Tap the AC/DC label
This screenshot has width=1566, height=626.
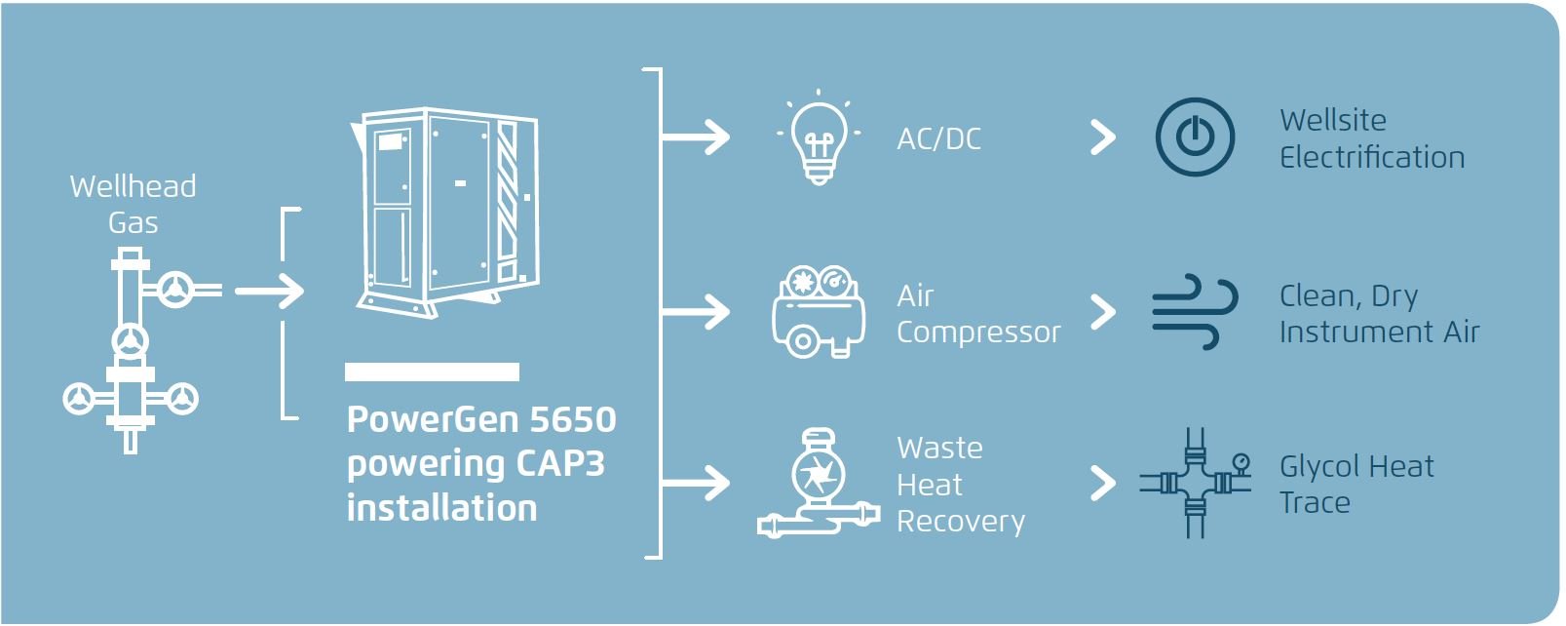938,139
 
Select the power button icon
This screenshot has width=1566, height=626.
1195,137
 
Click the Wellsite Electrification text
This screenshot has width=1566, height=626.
1371,138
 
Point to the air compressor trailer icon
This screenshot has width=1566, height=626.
819,311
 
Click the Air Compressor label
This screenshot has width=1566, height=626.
977,313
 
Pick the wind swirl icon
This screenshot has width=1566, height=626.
1195,311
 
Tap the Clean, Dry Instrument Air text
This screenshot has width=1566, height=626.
1378,313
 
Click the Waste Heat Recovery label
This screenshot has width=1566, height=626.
960,485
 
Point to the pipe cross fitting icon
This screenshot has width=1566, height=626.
1196,483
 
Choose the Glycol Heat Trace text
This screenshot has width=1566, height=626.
1356,484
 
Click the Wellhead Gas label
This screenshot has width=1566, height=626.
134,204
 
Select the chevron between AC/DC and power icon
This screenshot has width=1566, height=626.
1102,137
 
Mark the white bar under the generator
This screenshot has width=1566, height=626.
432,372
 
